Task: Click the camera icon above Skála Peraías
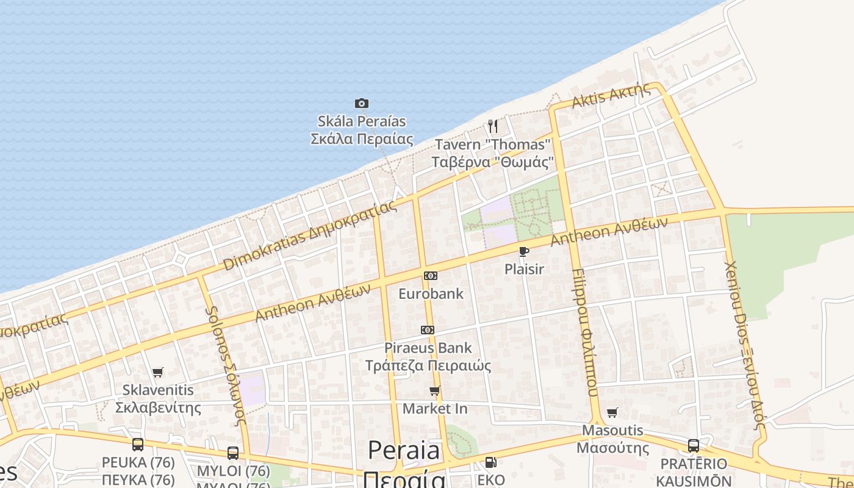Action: (362, 104)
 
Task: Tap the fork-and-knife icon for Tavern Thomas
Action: (493, 126)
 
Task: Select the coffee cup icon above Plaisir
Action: (523, 251)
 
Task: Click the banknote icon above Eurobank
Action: (431, 276)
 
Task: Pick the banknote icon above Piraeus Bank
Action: (428, 330)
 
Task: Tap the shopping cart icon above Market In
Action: (435, 391)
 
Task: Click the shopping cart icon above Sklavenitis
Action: (158, 372)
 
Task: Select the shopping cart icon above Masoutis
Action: (612, 413)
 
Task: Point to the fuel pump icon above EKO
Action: (490, 462)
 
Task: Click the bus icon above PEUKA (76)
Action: (138, 445)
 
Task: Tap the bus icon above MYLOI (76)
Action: (233, 453)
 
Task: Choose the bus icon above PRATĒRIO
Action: (694, 446)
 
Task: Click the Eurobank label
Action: (431, 294)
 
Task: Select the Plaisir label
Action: (524, 269)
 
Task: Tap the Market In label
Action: (435, 409)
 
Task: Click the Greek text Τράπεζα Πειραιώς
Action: (428, 366)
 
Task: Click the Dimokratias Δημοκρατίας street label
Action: (309, 235)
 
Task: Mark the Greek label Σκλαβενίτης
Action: (158, 407)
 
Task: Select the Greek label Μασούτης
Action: (612, 448)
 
